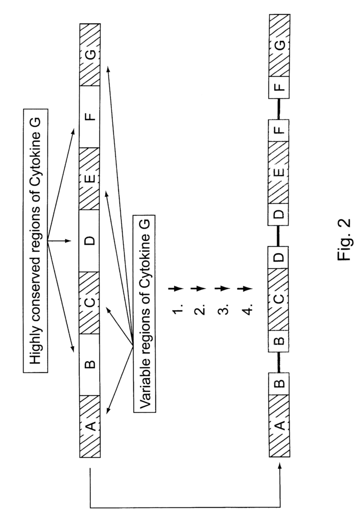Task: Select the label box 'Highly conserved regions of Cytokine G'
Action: point(35,240)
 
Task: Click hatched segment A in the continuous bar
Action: point(90,426)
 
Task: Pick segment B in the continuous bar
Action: point(90,365)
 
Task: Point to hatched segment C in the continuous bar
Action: point(90,303)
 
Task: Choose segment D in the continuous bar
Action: point(90,240)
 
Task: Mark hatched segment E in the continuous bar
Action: point(90,179)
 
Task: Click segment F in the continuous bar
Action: point(90,117)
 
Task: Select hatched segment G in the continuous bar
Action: point(90,54)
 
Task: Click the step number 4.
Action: point(248,309)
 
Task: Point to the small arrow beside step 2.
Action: point(201,288)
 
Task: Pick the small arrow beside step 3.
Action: point(224,288)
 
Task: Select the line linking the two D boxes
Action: point(279,235)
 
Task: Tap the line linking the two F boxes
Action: point(279,109)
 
